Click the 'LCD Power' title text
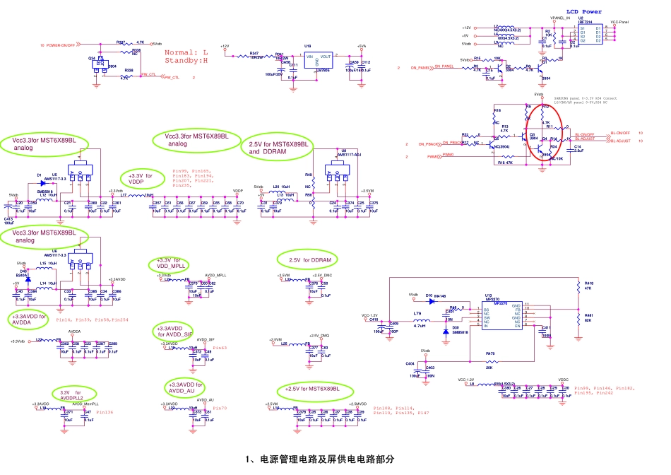click(583, 12)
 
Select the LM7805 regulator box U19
click(316, 61)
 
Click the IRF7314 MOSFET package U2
click(590, 33)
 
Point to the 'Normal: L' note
click(186, 53)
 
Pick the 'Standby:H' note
click(186, 61)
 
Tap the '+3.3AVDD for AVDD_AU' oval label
click(186, 387)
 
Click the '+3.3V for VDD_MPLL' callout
click(167, 264)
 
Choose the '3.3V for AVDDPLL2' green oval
click(72, 395)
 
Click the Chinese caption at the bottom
click(319, 459)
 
